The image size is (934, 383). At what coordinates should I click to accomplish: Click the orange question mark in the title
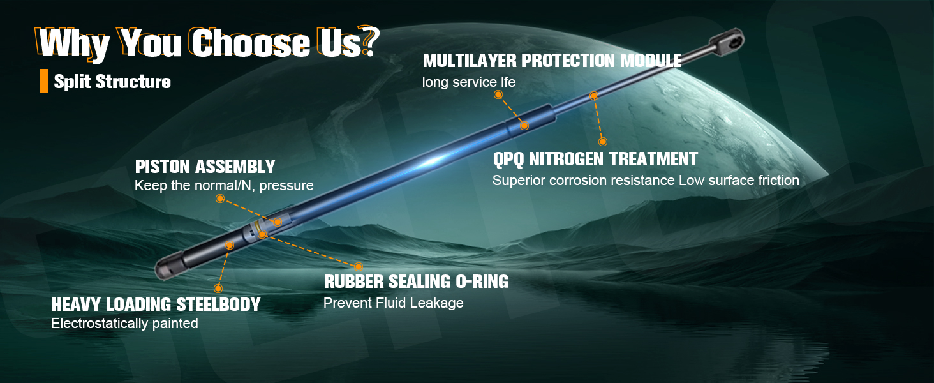pyautogui.click(x=370, y=40)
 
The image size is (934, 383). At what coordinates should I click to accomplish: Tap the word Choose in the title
pyautogui.click(x=250, y=43)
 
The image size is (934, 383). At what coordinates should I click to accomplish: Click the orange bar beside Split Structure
pyautogui.click(x=43, y=81)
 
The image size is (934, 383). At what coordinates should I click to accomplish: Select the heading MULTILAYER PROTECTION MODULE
pyautogui.click(x=552, y=61)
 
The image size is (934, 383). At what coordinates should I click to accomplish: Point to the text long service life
pyautogui.click(x=469, y=82)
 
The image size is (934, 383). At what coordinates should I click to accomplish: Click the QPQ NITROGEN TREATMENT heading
pyautogui.click(x=595, y=159)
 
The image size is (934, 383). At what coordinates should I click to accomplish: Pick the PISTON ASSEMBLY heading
pyautogui.click(x=205, y=167)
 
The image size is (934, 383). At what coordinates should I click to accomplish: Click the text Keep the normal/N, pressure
pyautogui.click(x=224, y=185)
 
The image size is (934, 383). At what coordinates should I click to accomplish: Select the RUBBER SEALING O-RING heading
pyautogui.click(x=416, y=282)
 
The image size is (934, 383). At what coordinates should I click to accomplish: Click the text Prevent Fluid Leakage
pyautogui.click(x=393, y=303)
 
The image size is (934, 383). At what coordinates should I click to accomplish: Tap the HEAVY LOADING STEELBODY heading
pyautogui.click(x=156, y=304)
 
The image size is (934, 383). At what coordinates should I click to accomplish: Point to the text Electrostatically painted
pyautogui.click(x=124, y=324)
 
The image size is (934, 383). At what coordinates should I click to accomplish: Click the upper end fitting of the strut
pyautogui.click(x=727, y=41)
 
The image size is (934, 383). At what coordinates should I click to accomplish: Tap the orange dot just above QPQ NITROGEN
pyautogui.click(x=602, y=142)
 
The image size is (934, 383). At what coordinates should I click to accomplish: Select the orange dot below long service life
pyautogui.click(x=498, y=94)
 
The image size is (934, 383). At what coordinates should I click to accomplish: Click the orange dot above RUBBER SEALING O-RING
pyautogui.click(x=359, y=267)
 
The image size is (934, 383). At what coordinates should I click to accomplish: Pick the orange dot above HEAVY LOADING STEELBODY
pyautogui.click(x=218, y=288)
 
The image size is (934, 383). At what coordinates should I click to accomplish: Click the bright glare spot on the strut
pyautogui.click(x=434, y=161)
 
